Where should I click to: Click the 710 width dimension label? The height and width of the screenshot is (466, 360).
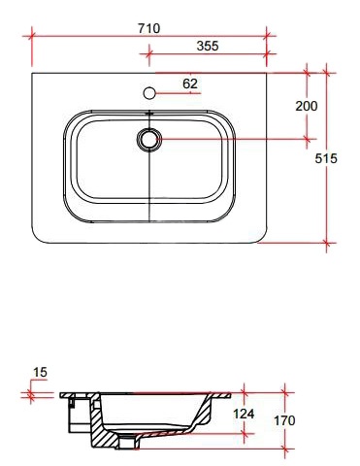(148, 28)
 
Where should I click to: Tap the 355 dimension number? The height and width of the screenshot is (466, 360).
(208, 46)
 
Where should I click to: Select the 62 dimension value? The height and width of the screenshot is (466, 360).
(190, 83)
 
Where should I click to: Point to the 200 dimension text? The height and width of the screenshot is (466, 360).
(307, 106)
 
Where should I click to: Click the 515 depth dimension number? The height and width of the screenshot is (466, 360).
(326, 158)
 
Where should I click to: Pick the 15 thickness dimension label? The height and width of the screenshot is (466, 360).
(41, 372)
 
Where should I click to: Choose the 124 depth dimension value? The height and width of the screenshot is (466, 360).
(244, 414)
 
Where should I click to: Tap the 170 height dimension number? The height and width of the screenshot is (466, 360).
(284, 420)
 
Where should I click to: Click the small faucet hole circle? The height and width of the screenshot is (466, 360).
(149, 93)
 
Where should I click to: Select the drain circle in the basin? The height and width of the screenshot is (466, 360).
(149, 139)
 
